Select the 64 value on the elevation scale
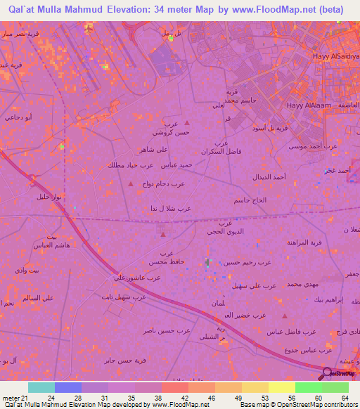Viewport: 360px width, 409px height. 344,398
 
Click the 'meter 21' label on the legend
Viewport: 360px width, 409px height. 15,398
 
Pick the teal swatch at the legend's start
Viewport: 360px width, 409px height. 41,387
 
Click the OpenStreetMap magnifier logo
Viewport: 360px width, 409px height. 326,372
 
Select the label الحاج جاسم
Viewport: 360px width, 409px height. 250,200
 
